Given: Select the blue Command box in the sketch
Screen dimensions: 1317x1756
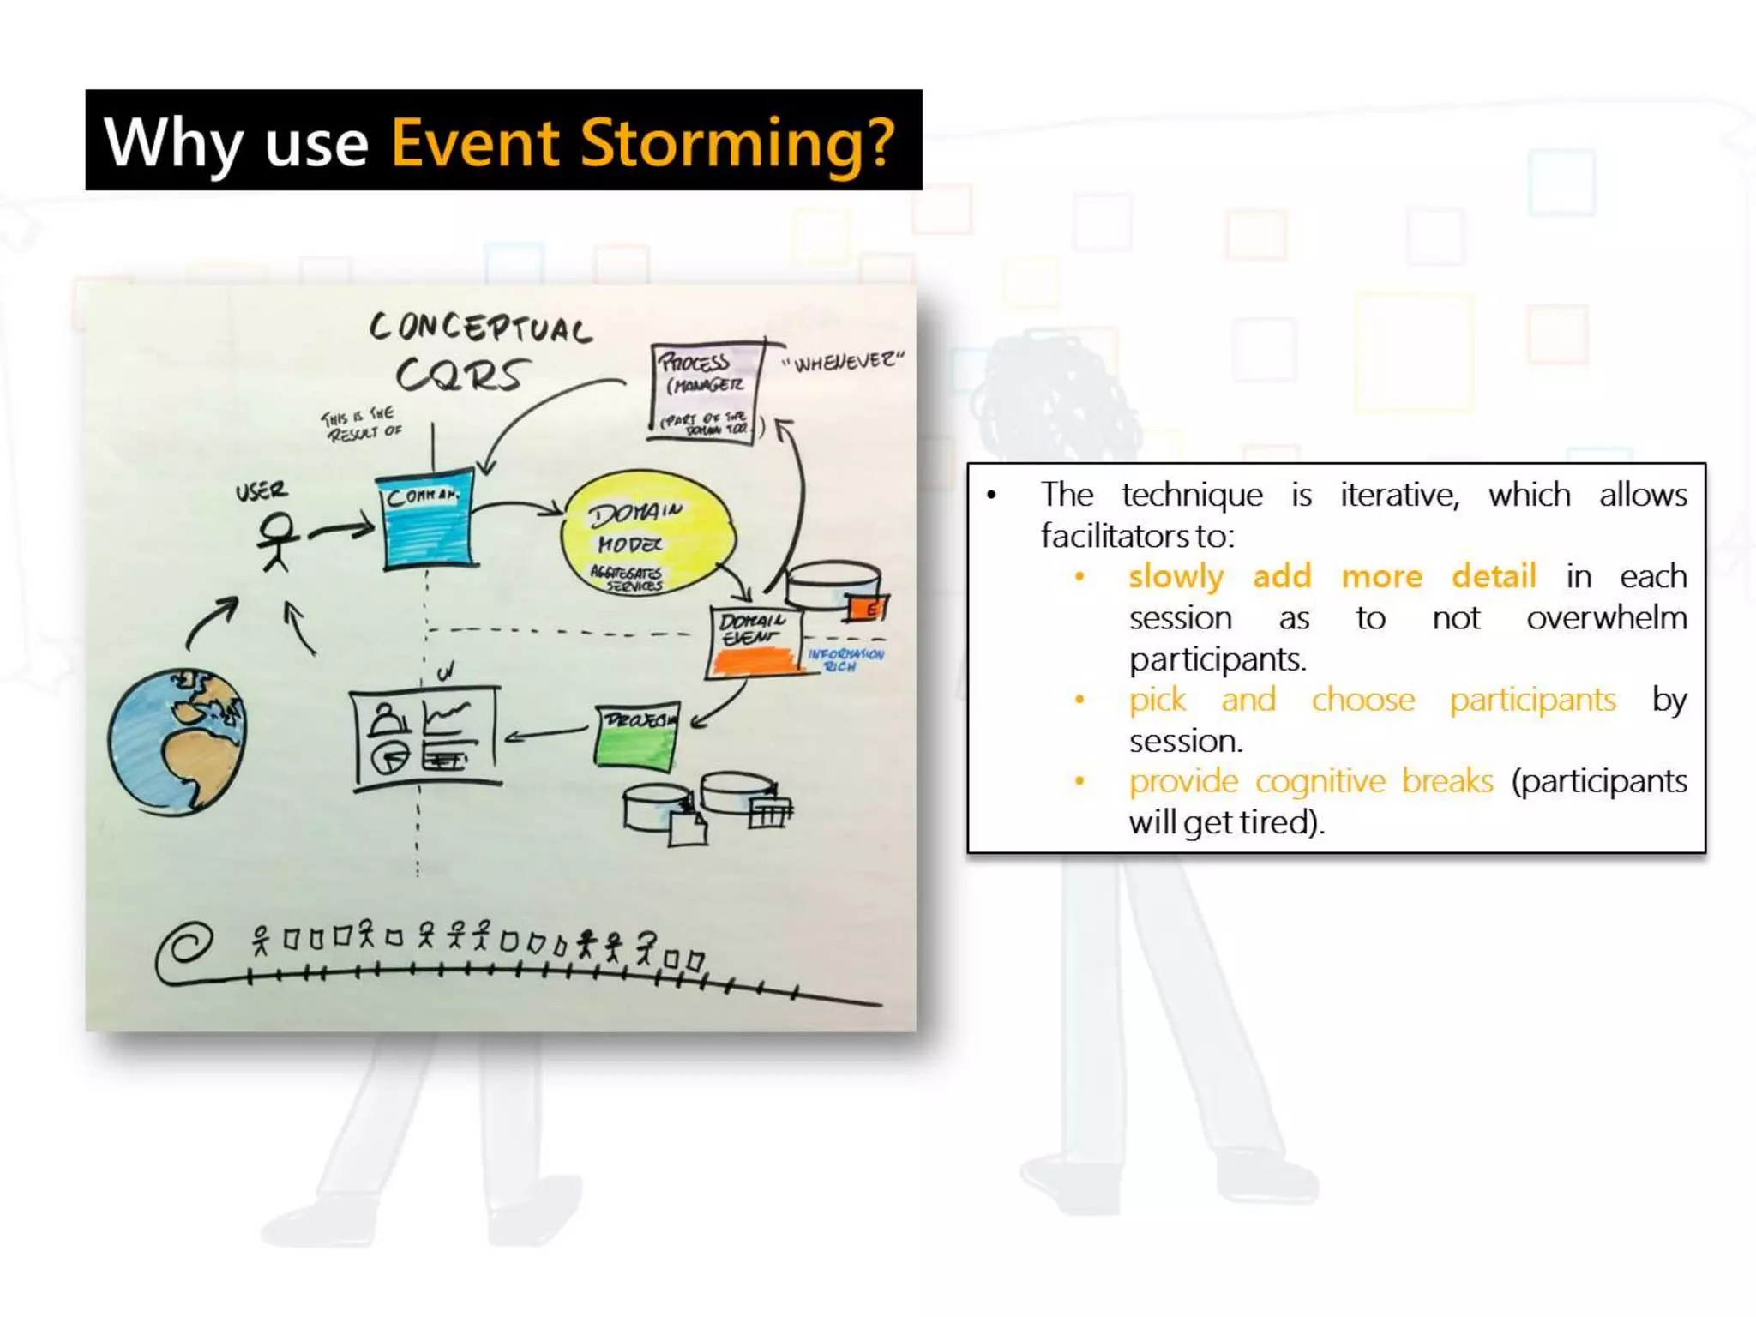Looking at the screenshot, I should [427, 520].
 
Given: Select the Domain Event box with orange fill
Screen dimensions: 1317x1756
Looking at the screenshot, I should [753, 643].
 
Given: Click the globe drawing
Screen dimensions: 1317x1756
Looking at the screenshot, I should [177, 739].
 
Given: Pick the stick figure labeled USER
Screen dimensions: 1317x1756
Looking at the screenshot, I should [276, 540].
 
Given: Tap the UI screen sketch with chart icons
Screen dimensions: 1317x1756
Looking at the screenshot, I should [425, 736].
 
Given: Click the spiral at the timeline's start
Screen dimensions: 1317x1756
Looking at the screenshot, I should [183, 950].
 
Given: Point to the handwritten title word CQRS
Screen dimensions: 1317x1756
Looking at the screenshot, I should [460, 375].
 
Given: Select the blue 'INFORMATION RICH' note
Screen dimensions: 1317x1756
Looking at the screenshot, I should [845, 658].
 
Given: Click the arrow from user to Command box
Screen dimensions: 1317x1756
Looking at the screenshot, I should [341, 530].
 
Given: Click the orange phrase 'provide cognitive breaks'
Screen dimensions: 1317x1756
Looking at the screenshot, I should [1310, 781].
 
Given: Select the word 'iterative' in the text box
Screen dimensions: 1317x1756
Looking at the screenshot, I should [1398, 495].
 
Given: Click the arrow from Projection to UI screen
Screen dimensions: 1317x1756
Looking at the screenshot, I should [547, 734].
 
